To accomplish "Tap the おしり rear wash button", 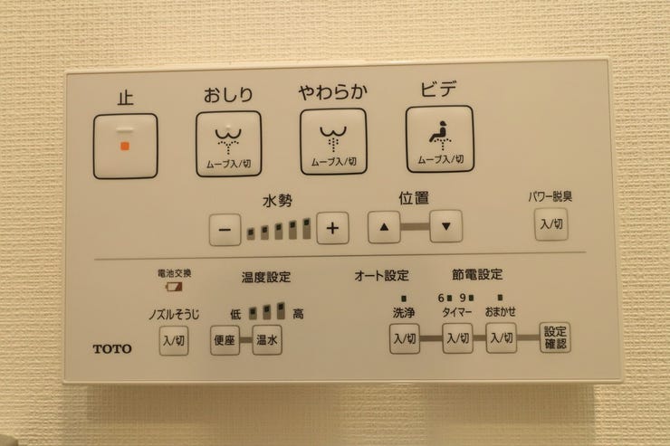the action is coord(228,144).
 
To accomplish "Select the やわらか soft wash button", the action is coord(333,142).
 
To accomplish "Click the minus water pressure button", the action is coord(225,230).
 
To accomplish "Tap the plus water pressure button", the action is coord(332,228).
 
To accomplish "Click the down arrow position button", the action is coord(446,226).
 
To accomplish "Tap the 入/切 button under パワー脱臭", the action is coord(551,224).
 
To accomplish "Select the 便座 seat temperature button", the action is coord(225,340).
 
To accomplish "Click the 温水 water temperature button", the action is coord(267,340).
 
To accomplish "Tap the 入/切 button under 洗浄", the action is coord(405,338).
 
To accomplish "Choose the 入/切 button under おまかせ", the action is coord(502,337).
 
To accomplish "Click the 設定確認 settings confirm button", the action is coord(555,337).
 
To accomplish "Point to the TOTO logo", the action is coord(112,349).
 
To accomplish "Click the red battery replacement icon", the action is coord(174,286).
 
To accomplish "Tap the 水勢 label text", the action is coord(278,201).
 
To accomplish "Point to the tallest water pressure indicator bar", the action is coord(307,229).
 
